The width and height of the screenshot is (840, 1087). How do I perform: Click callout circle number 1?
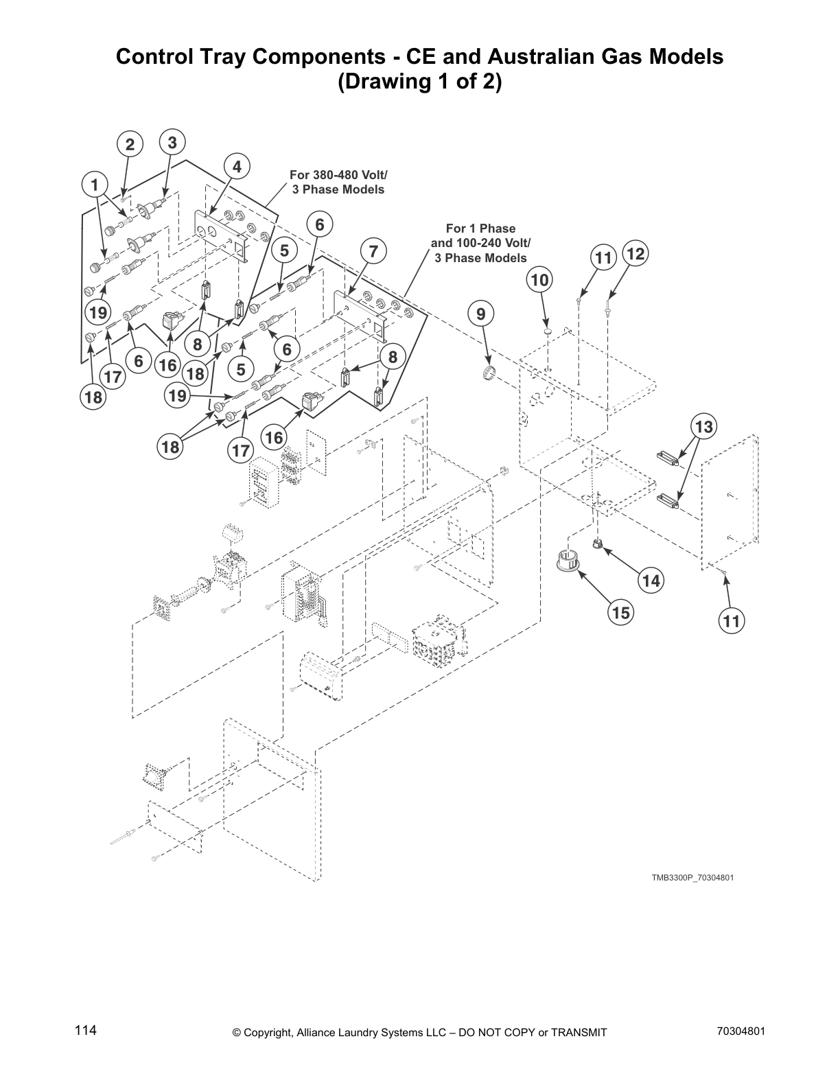[95, 185]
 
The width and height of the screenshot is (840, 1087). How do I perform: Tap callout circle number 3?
[172, 142]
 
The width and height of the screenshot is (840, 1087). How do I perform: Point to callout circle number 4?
[237, 167]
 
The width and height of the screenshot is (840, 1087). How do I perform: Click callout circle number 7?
[373, 251]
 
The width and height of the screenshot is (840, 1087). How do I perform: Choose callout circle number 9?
[480, 314]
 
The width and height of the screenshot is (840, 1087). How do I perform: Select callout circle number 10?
[539, 280]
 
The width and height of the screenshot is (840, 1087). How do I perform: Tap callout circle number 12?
[635, 254]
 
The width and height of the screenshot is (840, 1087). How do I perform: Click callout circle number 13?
[703, 427]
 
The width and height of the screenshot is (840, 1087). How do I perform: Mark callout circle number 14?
[651, 581]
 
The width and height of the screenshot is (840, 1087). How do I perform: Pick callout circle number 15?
[620, 612]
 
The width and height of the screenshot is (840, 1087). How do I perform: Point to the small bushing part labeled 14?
[598, 545]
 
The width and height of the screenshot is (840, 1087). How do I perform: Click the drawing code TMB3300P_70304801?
[692, 878]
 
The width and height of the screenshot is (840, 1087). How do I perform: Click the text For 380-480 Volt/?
[338, 175]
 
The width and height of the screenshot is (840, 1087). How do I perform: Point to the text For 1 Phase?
[480, 229]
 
